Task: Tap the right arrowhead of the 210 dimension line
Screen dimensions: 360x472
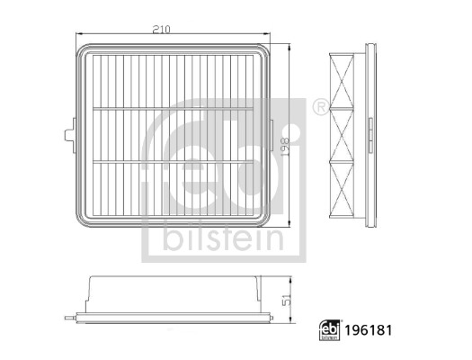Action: tap(269, 36)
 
